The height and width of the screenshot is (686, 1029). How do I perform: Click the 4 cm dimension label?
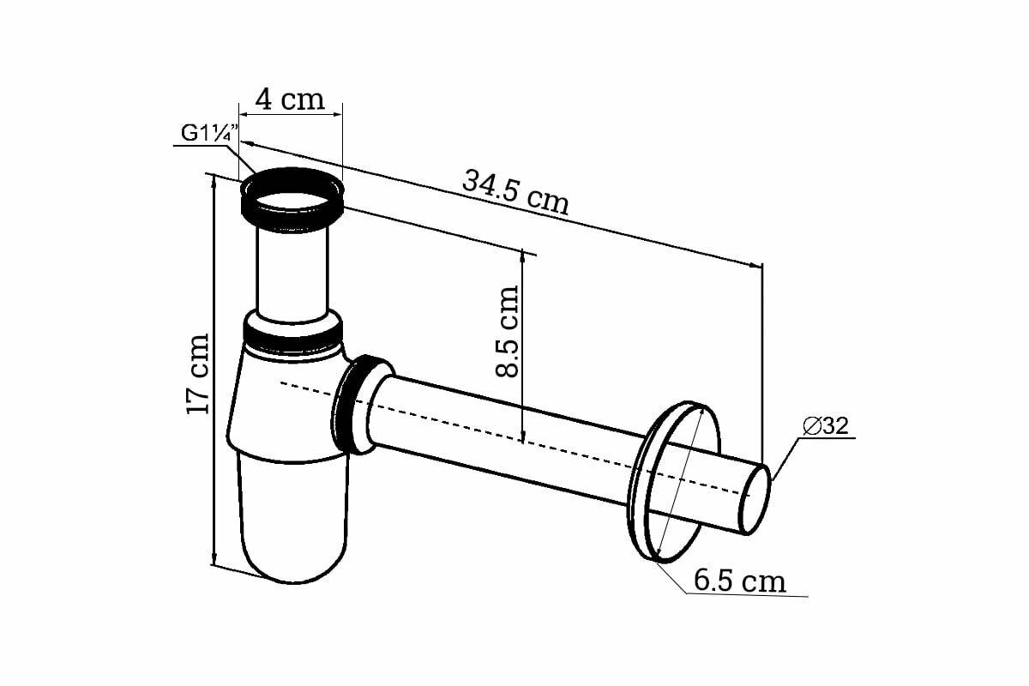[291, 99]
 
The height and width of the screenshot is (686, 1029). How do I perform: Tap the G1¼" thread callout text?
[208, 135]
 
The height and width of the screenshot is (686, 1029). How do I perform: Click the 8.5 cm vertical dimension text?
[508, 331]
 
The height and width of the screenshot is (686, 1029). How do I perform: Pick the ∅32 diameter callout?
[827, 426]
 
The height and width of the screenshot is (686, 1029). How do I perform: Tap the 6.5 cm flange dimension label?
[740, 581]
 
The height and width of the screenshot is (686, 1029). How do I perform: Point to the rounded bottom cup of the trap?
[294, 523]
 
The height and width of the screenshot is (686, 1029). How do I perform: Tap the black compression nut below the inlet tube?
[292, 331]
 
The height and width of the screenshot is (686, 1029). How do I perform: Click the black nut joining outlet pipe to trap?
[353, 403]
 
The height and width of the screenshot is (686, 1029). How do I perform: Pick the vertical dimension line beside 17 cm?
[212, 369]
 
